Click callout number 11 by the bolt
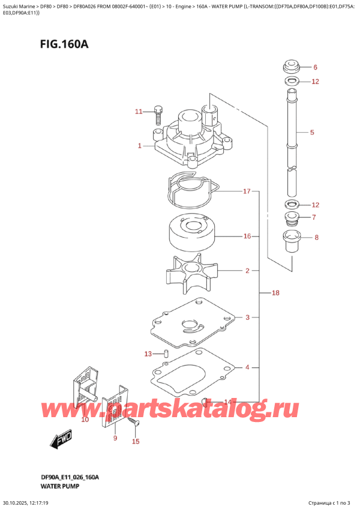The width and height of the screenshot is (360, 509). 139,112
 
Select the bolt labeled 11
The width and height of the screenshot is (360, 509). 158,113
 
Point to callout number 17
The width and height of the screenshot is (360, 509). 246,192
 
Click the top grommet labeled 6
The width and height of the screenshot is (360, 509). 292,66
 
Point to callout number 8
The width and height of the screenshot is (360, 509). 317,238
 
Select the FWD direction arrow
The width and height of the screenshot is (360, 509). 61,441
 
